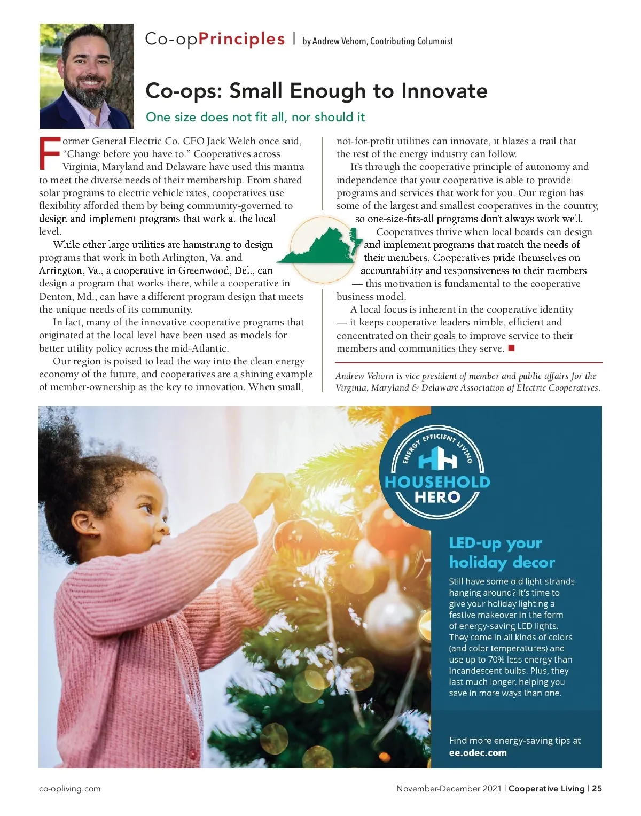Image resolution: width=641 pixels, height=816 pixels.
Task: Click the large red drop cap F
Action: pyautogui.click(x=50, y=153)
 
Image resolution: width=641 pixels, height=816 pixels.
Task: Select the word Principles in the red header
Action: pyautogui.click(x=241, y=40)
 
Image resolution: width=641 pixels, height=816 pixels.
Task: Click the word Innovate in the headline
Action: pyautogui.click(x=444, y=91)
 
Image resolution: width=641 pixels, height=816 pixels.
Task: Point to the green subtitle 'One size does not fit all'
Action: pyautogui.click(x=255, y=117)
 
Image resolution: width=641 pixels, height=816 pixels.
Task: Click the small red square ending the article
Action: pyautogui.click(x=511, y=348)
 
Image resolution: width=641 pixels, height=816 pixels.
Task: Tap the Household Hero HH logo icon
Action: pyautogui.click(x=437, y=458)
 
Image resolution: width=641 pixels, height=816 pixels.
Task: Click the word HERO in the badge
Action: pyautogui.click(x=437, y=498)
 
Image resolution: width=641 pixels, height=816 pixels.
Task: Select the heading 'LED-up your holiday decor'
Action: pyautogui.click(x=502, y=553)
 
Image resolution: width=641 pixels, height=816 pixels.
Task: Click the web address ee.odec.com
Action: pyautogui.click(x=478, y=753)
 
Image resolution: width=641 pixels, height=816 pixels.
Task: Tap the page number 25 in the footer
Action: pyautogui.click(x=597, y=789)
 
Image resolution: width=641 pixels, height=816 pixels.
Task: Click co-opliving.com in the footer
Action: pyautogui.click(x=69, y=789)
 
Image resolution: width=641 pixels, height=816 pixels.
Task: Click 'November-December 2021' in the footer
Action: pyautogui.click(x=448, y=789)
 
